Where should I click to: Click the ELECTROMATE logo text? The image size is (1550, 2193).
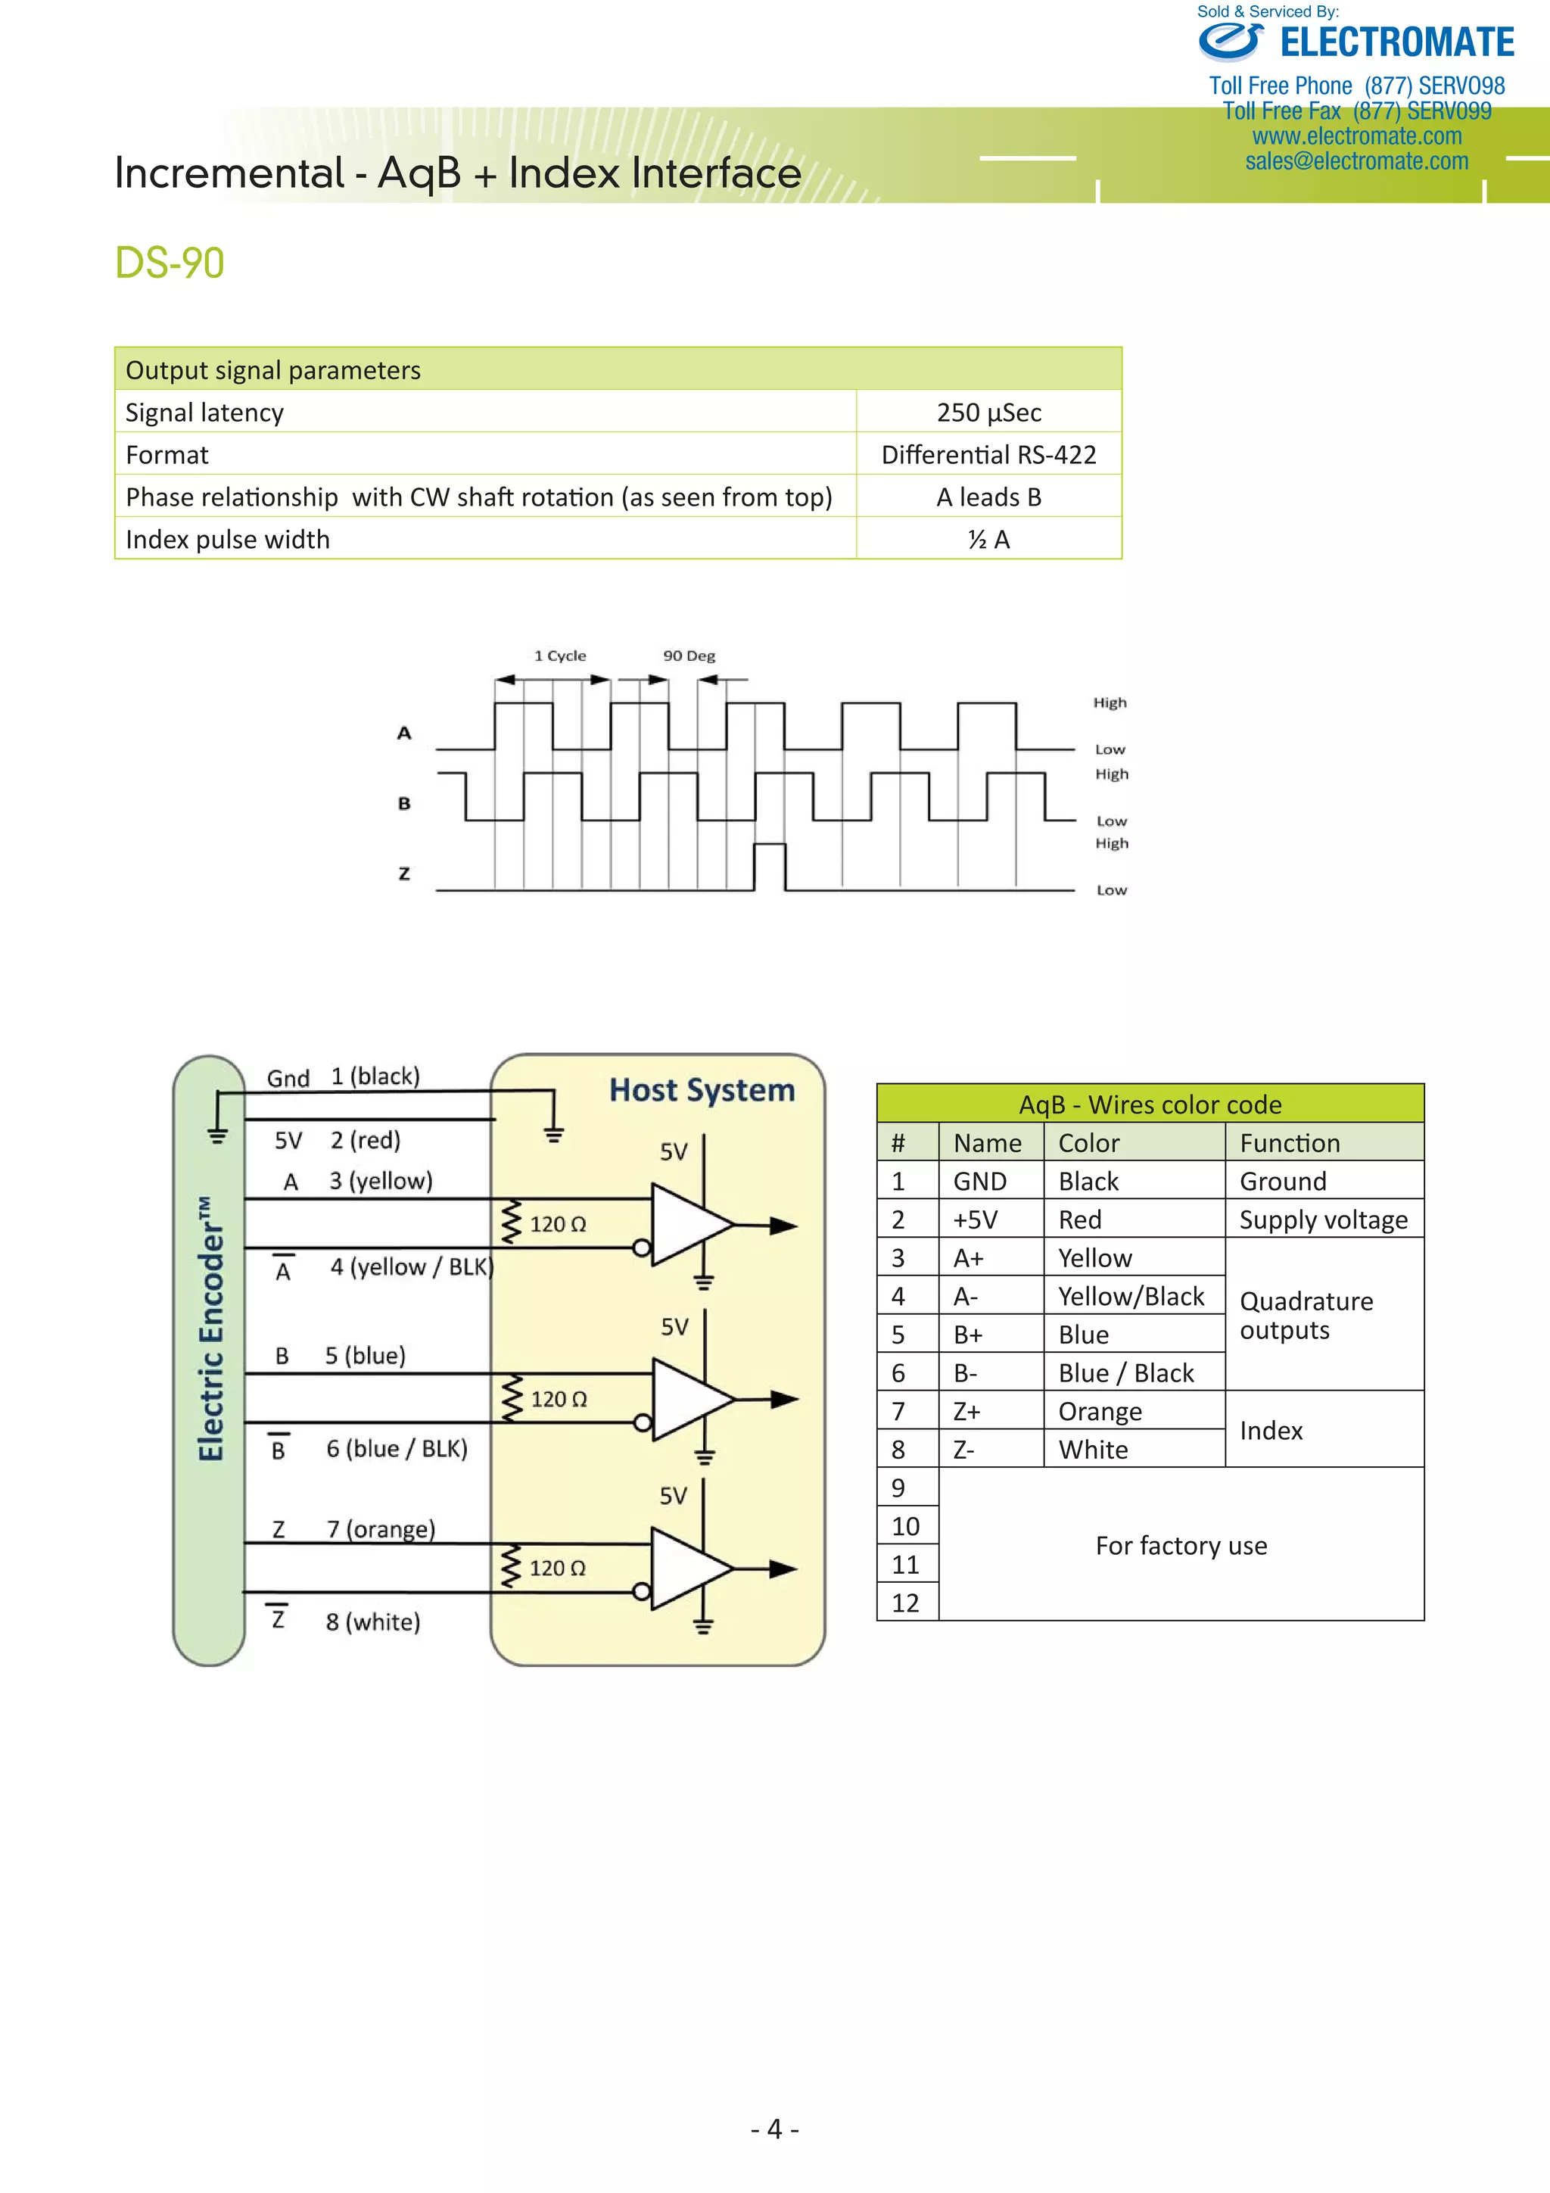tap(1396, 43)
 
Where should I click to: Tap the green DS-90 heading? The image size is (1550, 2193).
tap(170, 263)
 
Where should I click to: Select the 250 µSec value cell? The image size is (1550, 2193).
tap(988, 413)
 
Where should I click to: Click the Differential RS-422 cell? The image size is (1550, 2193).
tap(988, 455)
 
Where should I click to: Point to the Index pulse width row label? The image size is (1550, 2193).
tap(227, 540)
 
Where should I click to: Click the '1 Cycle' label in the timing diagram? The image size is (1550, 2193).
tap(559, 656)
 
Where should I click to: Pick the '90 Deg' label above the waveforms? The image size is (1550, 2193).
tap(689, 656)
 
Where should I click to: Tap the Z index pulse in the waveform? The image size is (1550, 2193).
tap(770, 865)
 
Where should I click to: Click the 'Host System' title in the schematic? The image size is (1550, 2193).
tap(702, 1090)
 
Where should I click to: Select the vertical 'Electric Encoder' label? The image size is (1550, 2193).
tap(211, 1329)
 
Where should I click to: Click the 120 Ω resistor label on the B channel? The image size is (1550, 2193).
tap(559, 1399)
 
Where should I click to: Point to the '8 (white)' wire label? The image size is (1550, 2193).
tap(372, 1621)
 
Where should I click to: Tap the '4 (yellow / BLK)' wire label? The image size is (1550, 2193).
tap(412, 1267)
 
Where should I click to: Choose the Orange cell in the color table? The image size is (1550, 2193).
tap(1100, 1412)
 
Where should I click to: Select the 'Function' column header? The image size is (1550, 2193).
tap(1290, 1143)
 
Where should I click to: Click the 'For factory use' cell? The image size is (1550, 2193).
tap(1181, 1546)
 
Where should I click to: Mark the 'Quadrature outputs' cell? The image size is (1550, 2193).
tap(1306, 1315)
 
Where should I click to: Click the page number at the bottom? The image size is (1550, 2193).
tap(774, 2129)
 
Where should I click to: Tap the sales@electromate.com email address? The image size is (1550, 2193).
tap(1356, 161)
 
